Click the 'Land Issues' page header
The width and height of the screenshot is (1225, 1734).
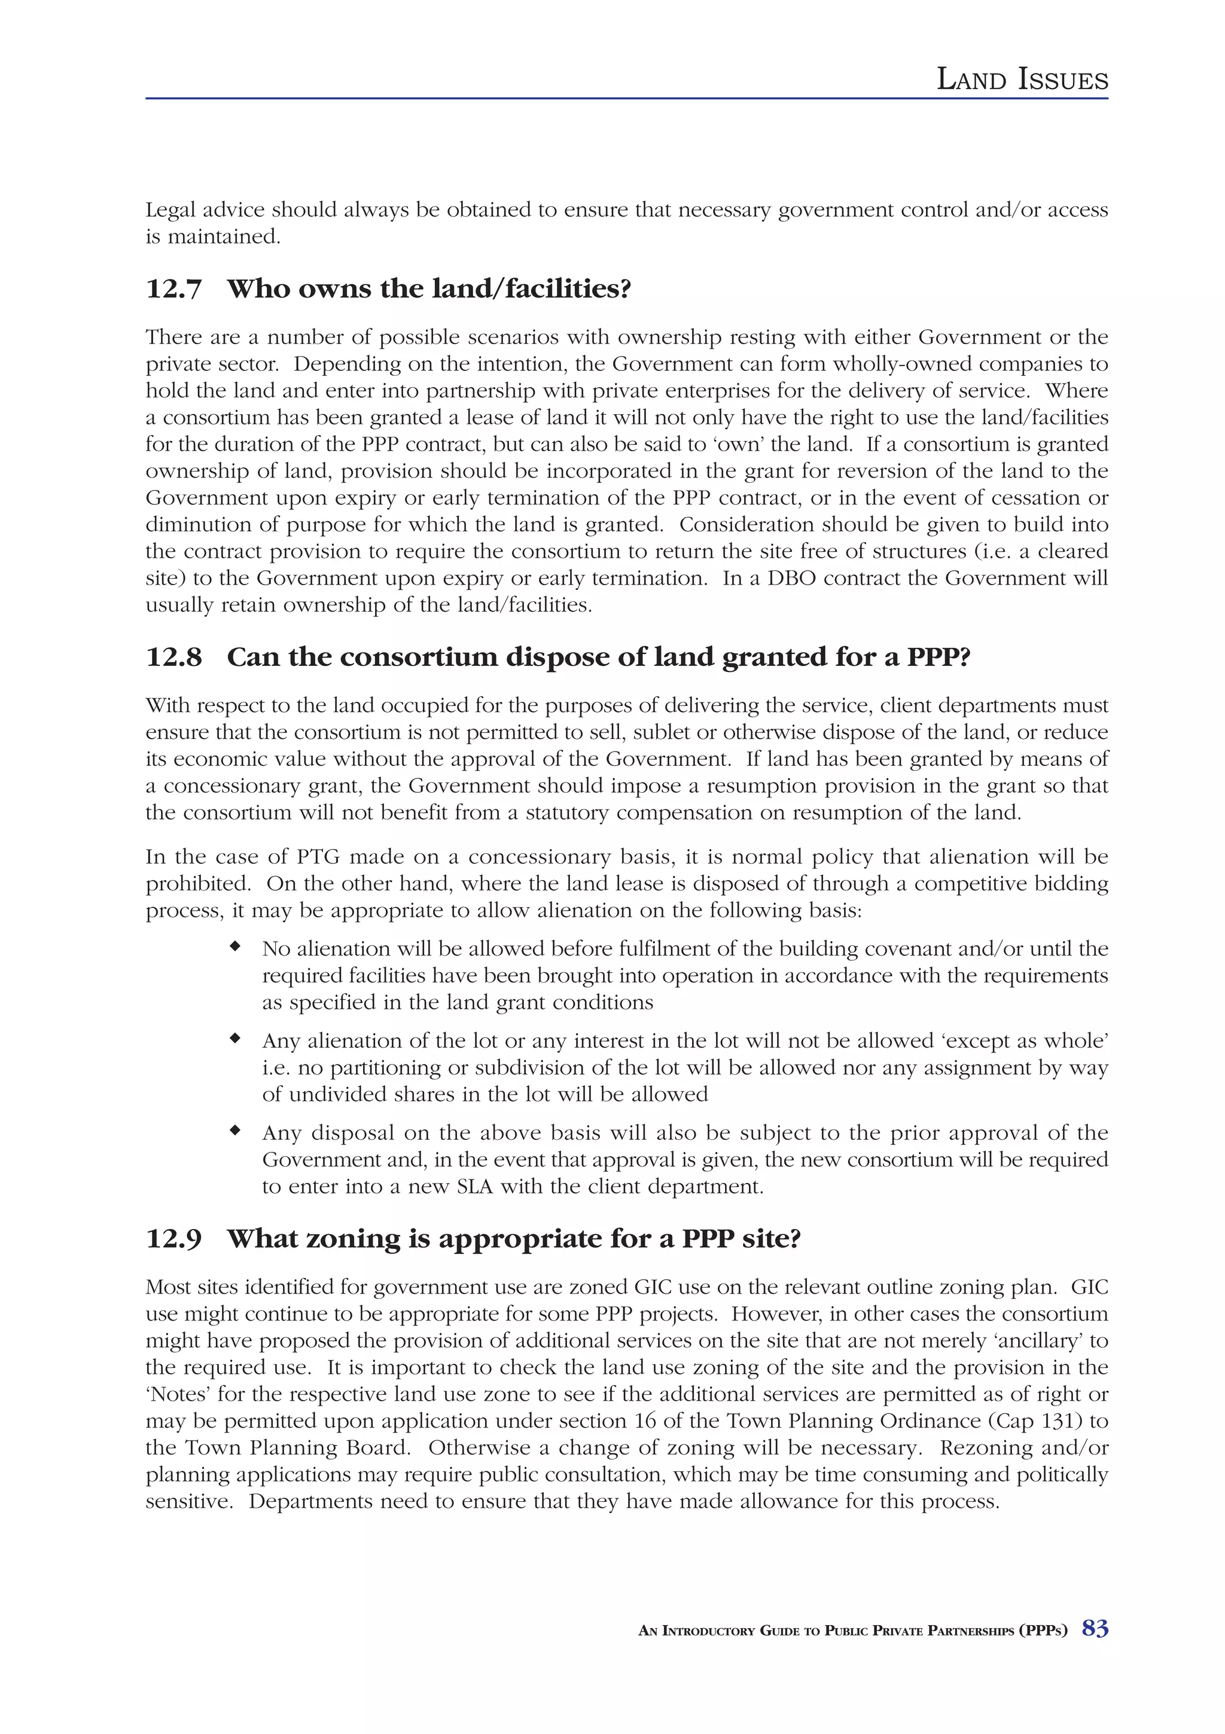(x=1022, y=80)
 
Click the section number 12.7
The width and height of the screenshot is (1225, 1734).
(x=173, y=289)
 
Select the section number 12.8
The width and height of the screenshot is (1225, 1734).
(x=173, y=657)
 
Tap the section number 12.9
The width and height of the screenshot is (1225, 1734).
(x=173, y=1239)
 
